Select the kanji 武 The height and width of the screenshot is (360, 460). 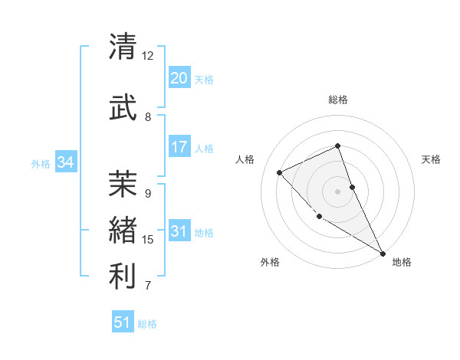pyautogui.click(x=123, y=106)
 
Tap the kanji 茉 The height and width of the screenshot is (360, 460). pyautogui.click(x=123, y=183)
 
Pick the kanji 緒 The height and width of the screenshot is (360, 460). pyautogui.click(x=123, y=229)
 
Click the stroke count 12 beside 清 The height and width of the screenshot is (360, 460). pyautogui.click(x=148, y=56)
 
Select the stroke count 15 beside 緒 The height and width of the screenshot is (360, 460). pyautogui.click(x=148, y=240)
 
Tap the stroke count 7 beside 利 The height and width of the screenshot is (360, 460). pyautogui.click(x=148, y=286)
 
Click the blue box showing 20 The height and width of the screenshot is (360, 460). pyautogui.click(x=179, y=78)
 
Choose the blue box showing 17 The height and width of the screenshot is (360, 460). pyautogui.click(x=179, y=147)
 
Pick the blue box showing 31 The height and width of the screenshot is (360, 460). pyautogui.click(x=179, y=231)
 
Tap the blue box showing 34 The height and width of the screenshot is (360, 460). pyautogui.click(x=66, y=162)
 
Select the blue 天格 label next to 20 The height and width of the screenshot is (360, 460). pyautogui.click(x=204, y=80)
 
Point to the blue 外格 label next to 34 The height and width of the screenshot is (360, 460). pyautogui.click(x=41, y=163)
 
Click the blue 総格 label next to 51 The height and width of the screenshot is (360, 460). pyautogui.click(x=147, y=324)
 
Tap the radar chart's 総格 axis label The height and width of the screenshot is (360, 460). pyautogui.click(x=338, y=100)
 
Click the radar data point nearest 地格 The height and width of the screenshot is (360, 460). pyautogui.click(x=383, y=253)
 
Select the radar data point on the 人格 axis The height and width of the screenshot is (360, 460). pyautogui.click(x=280, y=172)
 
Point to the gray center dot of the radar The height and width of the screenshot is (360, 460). pyautogui.click(x=337, y=191)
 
